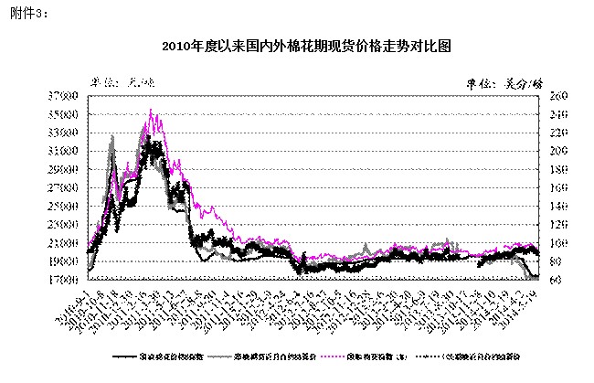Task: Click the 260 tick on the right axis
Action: [557, 96]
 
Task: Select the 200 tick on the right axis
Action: [557, 151]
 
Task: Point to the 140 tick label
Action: [557, 206]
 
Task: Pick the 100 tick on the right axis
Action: [557, 243]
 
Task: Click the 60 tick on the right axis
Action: [556, 280]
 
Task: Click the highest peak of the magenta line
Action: [151, 111]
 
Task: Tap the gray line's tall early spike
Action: [112, 137]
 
